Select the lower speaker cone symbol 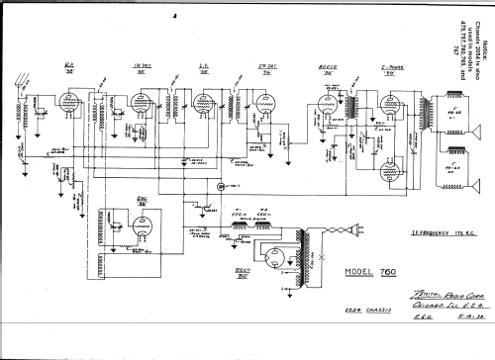coord(459,157)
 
